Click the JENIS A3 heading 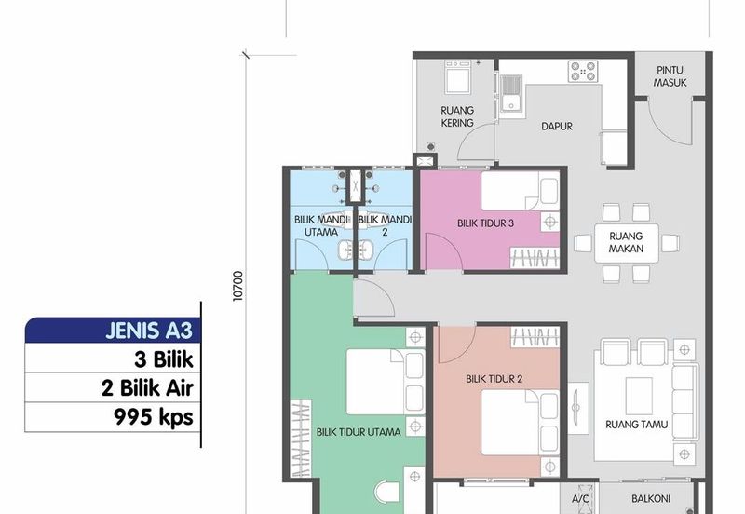tap(149, 331)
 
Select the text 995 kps tap(154, 417)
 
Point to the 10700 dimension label tap(237, 286)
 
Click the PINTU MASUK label tap(670, 76)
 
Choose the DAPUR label tap(557, 127)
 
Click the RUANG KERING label tap(457, 117)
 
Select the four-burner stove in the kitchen tap(583, 71)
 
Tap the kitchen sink tap(510, 93)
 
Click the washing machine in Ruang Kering tap(458, 76)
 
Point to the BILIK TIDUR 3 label tap(485, 223)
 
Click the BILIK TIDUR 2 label tap(494, 379)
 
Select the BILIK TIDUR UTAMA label tap(359, 432)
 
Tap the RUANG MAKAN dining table tap(626, 243)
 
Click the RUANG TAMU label tap(636, 425)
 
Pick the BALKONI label tap(651, 499)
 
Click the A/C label tap(580, 499)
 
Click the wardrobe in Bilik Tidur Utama tap(301, 438)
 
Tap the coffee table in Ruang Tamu tap(639, 396)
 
